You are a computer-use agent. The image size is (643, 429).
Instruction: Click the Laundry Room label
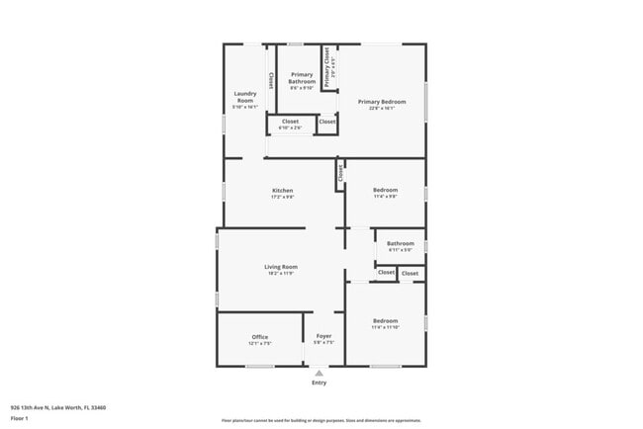pos(244,97)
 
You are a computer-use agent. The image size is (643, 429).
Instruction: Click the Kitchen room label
pos(283,190)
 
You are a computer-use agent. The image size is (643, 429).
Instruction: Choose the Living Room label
pos(281,266)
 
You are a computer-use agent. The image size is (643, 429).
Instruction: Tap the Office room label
pos(259,337)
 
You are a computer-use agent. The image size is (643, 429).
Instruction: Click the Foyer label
pos(323,337)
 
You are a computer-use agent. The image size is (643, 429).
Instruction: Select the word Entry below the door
pos(319,383)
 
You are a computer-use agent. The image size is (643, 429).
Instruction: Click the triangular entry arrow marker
pos(319,373)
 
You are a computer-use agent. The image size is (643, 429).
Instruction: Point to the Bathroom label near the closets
pos(401,243)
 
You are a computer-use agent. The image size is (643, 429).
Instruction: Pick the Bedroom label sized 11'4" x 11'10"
pos(385,320)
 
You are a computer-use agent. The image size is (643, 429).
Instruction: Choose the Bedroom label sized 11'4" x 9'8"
pos(385,190)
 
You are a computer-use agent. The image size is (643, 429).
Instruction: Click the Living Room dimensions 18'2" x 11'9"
pos(281,274)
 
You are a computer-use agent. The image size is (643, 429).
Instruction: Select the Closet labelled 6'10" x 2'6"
pos(291,122)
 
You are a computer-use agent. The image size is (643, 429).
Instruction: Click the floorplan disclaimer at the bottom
pos(321,420)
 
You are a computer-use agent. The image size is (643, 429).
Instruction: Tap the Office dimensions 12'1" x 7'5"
pos(259,344)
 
